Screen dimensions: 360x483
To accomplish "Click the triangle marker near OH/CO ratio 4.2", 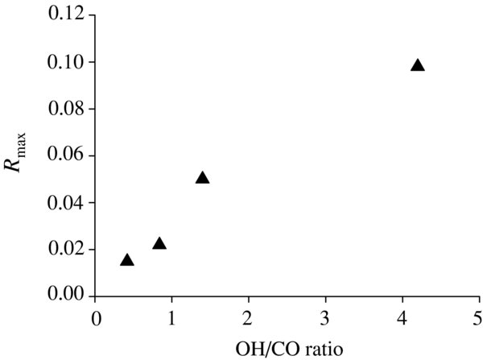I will coord(417,65).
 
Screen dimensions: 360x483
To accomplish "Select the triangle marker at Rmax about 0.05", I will coord(202,177).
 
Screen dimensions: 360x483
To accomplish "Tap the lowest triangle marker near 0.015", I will coord(126,259).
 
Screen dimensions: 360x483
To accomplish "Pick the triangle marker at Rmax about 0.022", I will coord(159,243).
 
